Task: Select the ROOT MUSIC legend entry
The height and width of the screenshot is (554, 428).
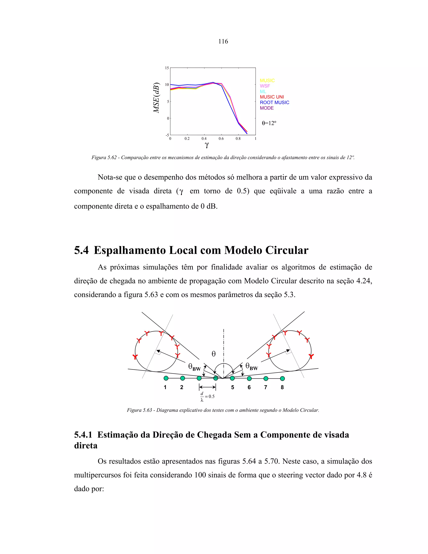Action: (x=274, y=102)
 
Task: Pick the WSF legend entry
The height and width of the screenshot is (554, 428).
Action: (x=265, y=86)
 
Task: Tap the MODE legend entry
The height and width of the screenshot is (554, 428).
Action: (x=266, y=108)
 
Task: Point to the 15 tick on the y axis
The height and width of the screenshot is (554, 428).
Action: (x=167, y=68)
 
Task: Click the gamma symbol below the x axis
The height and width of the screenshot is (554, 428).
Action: (x=207, y=145)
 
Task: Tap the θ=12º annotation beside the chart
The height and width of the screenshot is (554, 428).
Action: (x=269, y=123)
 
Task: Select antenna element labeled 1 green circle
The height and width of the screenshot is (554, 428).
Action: (x=166, y=378)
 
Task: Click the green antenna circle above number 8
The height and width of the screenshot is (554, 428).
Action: (x=282, y=378)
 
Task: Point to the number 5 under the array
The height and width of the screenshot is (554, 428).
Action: (x=233, y=387)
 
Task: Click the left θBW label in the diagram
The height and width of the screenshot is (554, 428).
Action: (x=194, y=367)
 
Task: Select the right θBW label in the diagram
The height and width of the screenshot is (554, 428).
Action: (x=252, y=366)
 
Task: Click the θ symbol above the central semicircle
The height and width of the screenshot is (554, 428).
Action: (x=214, y=354)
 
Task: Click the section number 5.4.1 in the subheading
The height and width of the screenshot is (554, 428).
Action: (x=83, y=435)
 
